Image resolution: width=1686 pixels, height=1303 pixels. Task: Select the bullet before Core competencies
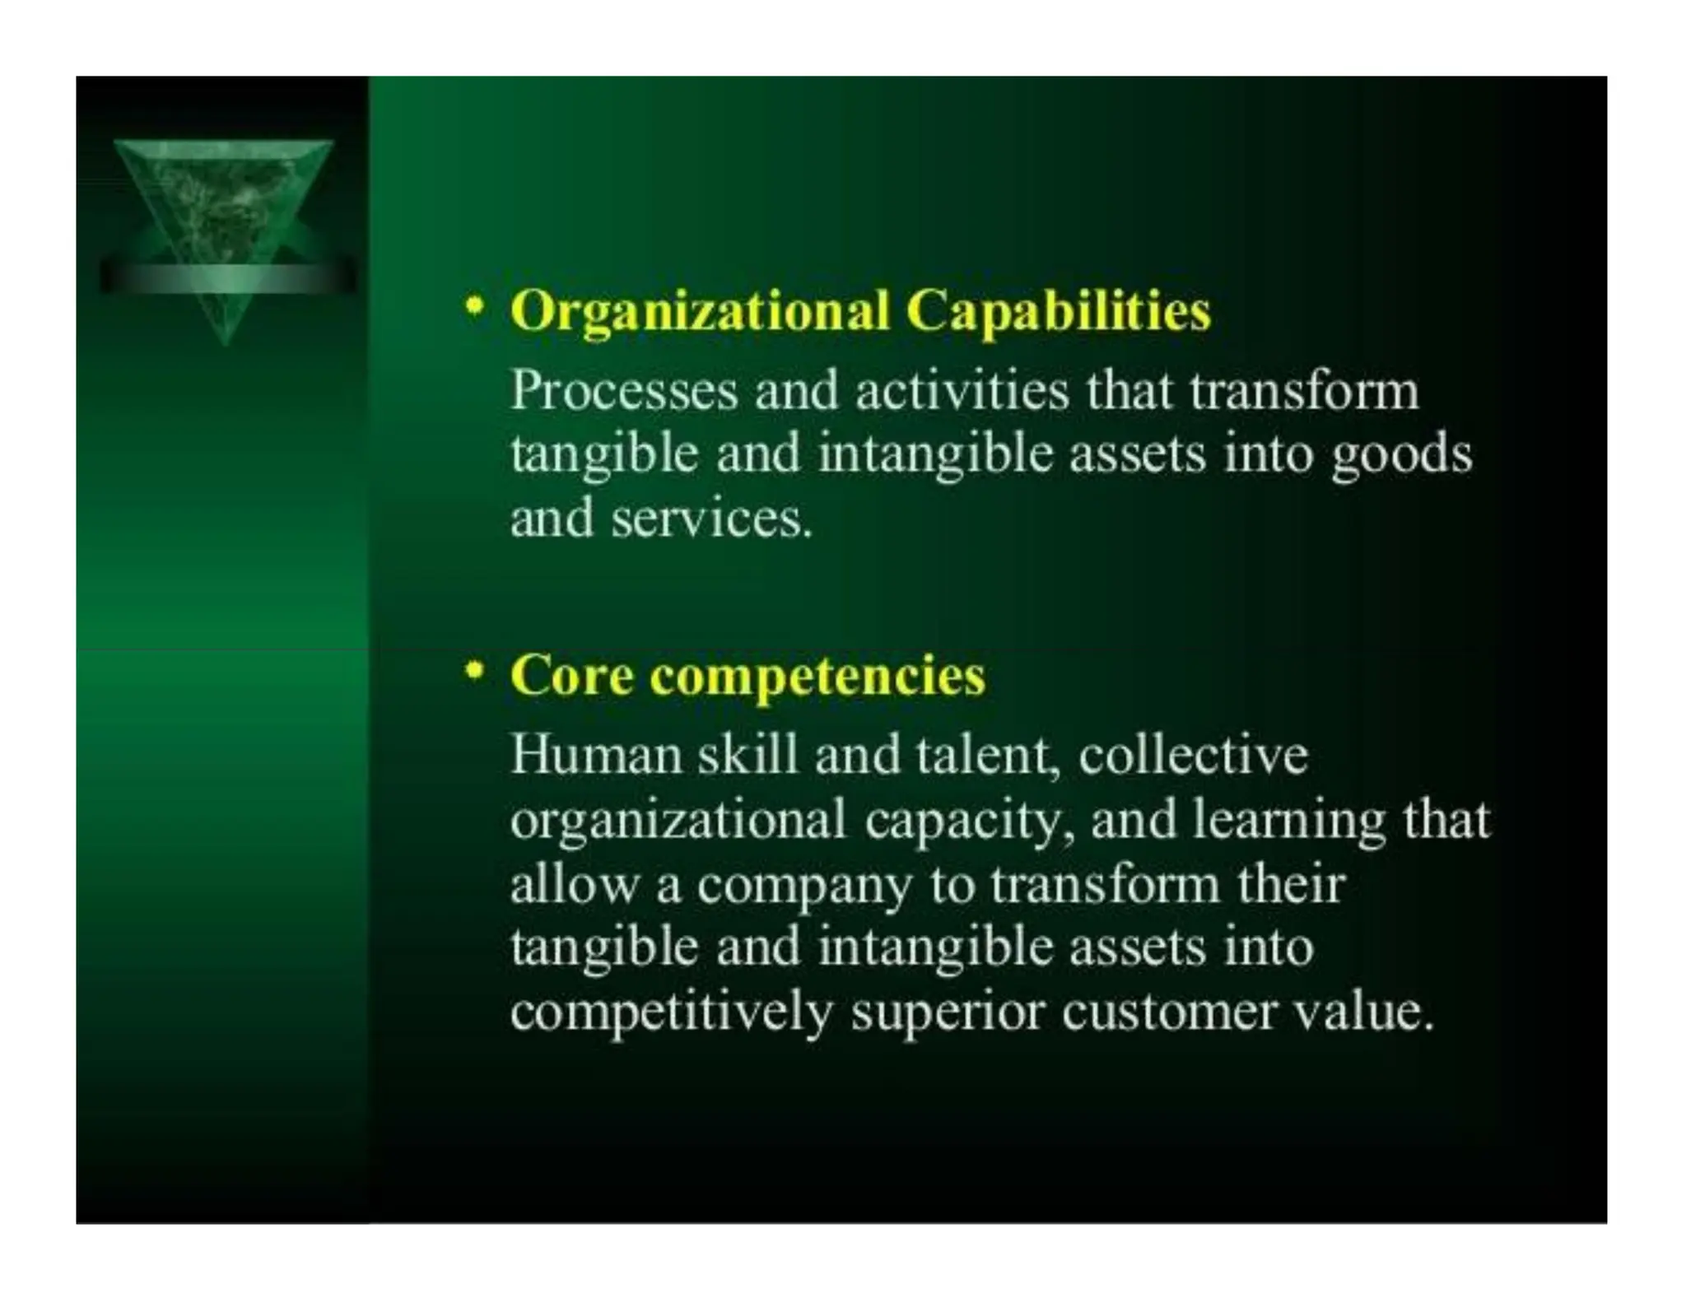[x=473, y=672]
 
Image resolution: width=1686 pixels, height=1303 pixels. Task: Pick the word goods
[x=1401, y=455]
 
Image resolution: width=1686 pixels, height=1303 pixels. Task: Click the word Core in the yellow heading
[x=571, y=676]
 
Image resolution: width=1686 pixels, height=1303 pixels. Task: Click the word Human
[x=596, y=754]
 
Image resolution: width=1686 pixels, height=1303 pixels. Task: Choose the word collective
[x=1193, y=754]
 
